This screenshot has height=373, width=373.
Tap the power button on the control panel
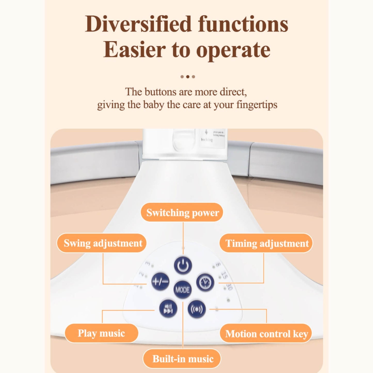click(183, 265)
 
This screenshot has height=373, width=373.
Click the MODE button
click(182, 290)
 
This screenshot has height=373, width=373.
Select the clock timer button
click(205, 282)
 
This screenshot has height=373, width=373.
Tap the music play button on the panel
click(168, 308)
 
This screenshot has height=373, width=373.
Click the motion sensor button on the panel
click(197, 309)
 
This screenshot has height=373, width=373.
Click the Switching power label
click(182, 213)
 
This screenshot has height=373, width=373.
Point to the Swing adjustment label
click(102, 243)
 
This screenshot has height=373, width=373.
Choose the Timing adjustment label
click(267, 243)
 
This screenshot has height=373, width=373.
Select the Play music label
click(101, 333)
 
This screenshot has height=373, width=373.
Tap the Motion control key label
click(266, 334)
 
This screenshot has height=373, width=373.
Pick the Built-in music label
click(182, 359)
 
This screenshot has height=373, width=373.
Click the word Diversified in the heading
click(138, 24)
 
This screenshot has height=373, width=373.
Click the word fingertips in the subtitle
click(257, 105)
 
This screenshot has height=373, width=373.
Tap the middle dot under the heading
click(188, 77)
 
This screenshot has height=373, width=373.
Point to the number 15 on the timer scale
click(224, 275)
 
